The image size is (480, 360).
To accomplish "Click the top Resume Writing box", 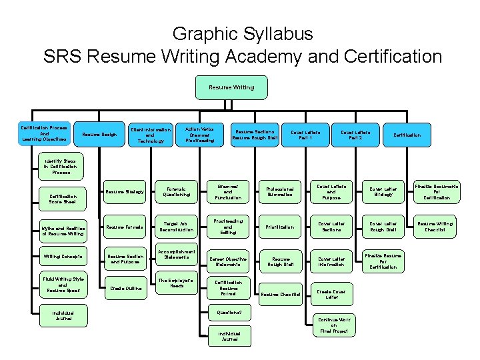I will [231, 87].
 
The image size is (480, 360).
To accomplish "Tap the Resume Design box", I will [99, 134].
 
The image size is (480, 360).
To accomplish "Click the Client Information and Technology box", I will [151, 134].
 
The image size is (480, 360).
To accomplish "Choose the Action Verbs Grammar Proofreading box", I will [200, 134].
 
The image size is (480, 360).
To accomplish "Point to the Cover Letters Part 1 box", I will [305, 134].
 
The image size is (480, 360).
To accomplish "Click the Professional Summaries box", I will [279, 191].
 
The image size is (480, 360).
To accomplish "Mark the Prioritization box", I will [279, 226].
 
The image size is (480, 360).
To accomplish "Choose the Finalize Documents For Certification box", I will [434, 191].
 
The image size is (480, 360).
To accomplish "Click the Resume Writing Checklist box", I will [434, 226].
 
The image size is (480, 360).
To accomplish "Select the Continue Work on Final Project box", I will [334, 325].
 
